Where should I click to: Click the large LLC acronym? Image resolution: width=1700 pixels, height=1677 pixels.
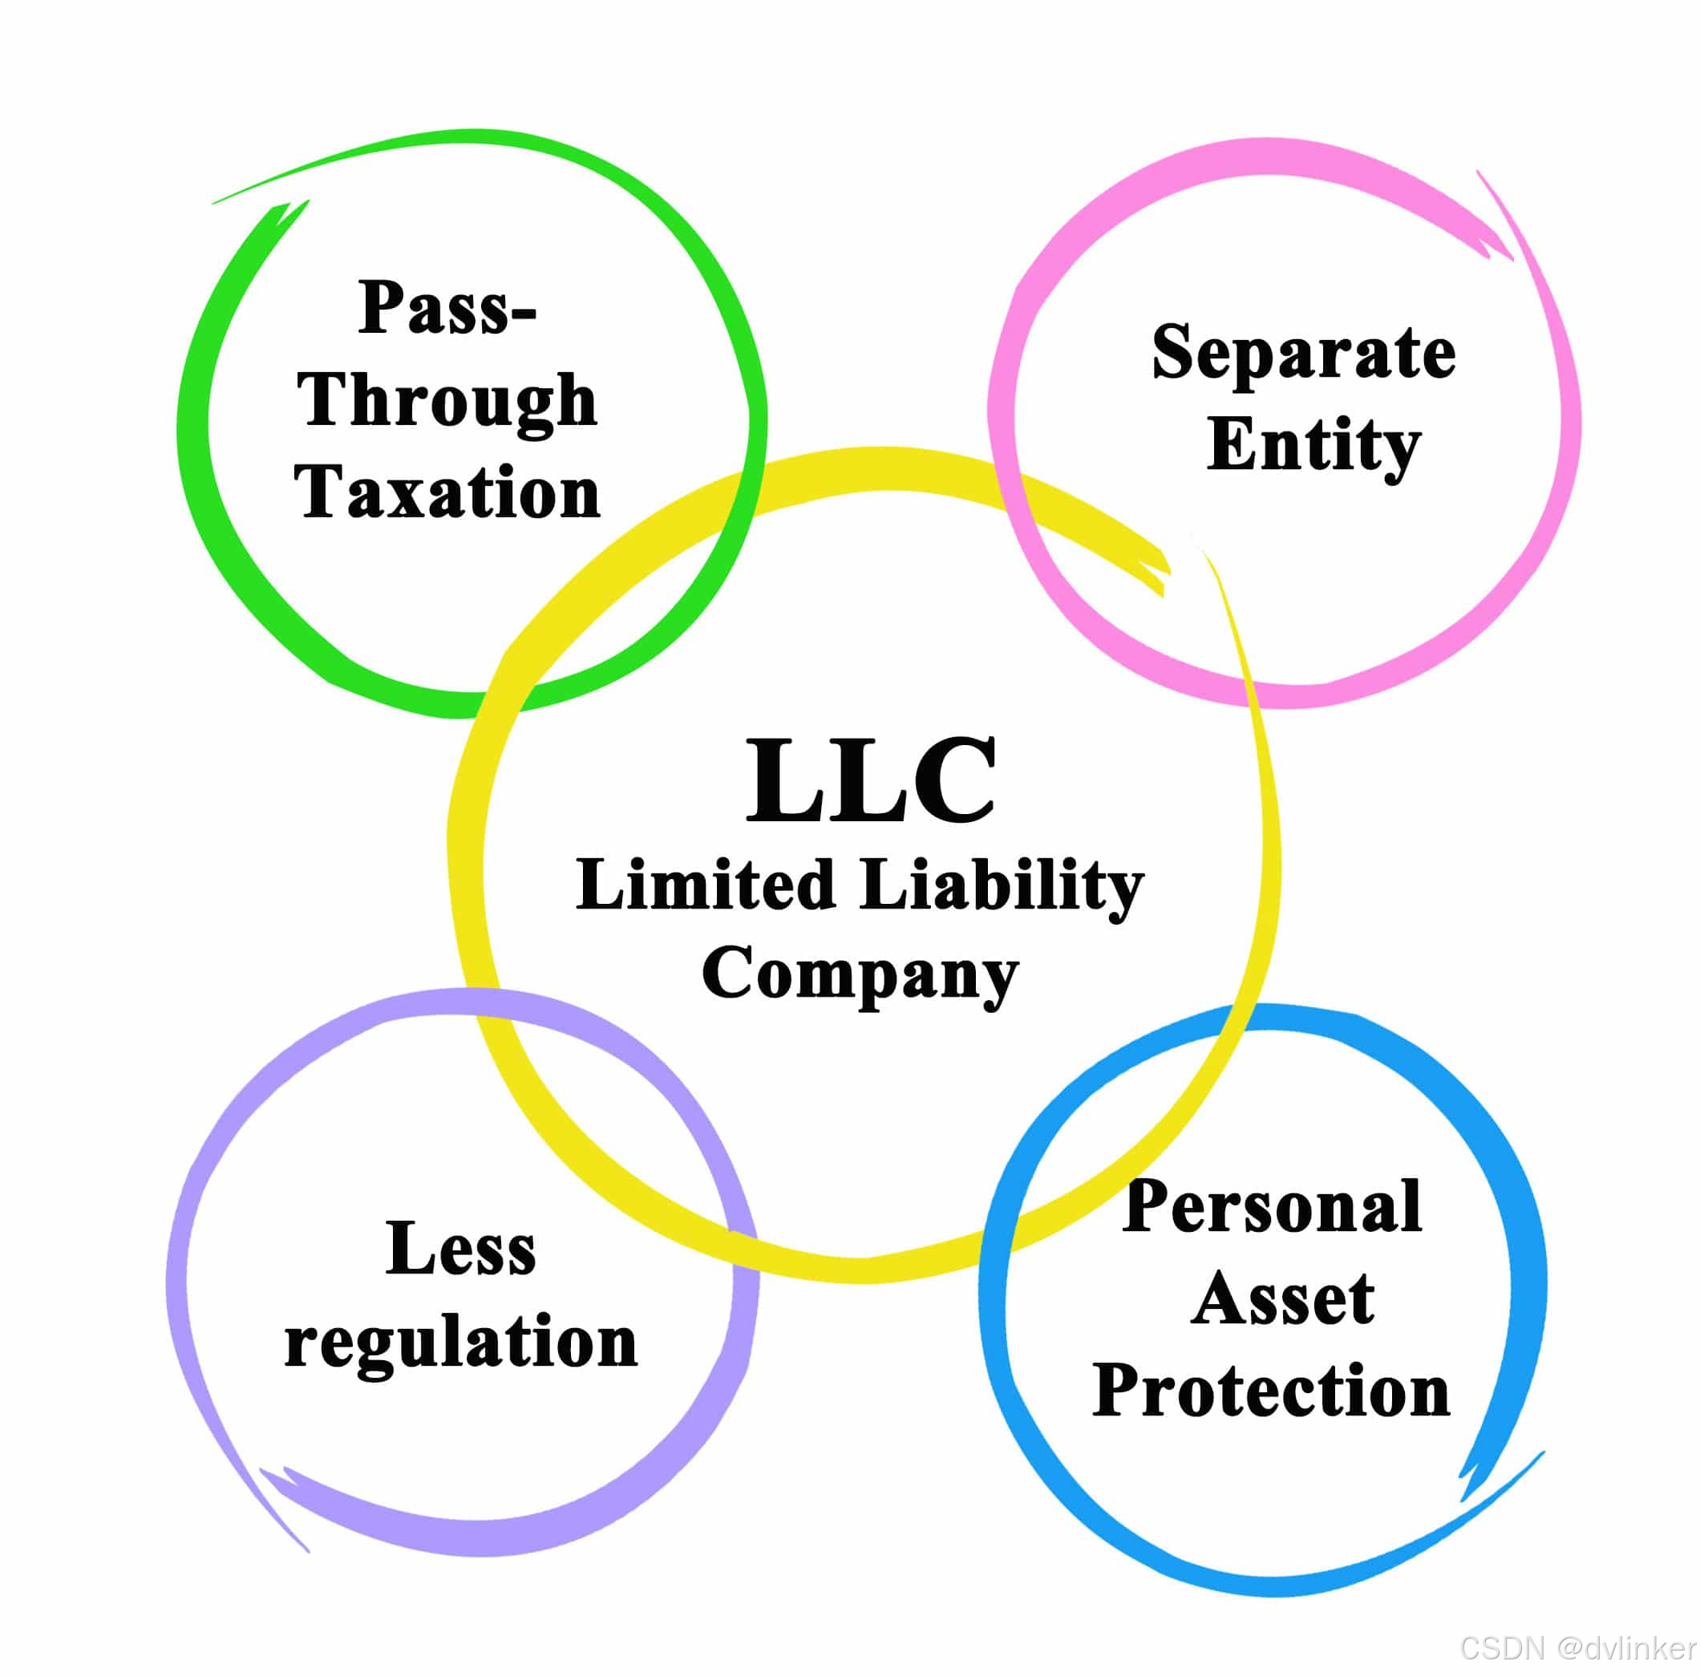point(870,780)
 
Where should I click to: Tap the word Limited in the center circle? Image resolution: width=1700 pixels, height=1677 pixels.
point(705,885)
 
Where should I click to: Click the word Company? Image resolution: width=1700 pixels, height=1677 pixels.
point(860,976)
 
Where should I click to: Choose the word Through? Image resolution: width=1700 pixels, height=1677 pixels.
point(447,401)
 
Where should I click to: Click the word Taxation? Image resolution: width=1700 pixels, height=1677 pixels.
point(447,492)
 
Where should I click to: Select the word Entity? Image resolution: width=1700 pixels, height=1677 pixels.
point(1313,446)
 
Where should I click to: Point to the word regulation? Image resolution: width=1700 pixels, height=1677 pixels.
point(460,1343)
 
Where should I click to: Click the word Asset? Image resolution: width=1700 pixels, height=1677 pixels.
point(1283,1299)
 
